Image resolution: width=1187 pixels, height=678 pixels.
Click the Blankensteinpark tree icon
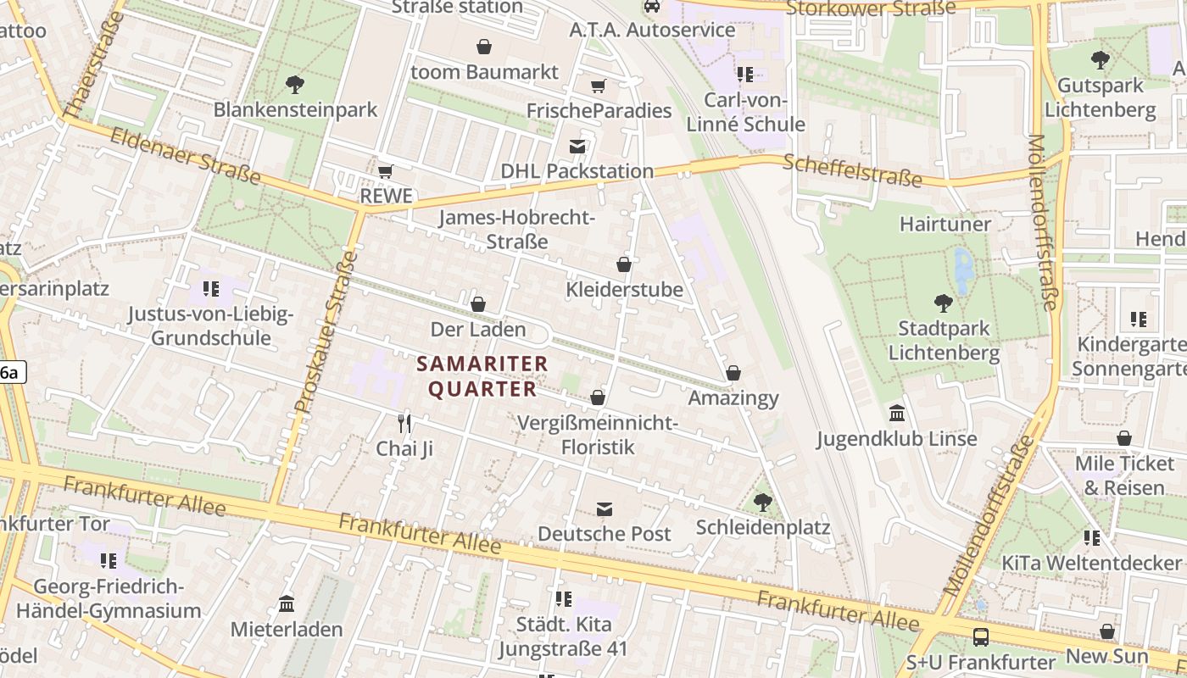click(295, 84)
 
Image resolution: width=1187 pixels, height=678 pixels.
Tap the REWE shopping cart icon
click(386, 171)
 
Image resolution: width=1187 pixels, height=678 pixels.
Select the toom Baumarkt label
click(484, 72)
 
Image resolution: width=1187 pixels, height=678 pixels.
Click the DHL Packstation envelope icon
click(577, 147)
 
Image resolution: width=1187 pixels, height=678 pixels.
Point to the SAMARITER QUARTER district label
click(482, 376)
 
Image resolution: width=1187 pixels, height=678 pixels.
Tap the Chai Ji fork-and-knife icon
click(404, 423)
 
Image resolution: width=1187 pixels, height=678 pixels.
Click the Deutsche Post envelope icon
click(605, 508)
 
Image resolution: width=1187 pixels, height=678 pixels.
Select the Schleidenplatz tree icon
click(763, 502)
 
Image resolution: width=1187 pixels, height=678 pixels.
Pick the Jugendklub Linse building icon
click(897, 414)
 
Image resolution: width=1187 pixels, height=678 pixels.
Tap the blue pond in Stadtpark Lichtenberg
click(963, 270)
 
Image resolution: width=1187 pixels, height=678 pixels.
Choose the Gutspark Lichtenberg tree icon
click(1101, 60)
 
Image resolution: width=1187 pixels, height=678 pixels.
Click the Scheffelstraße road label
click(853, 170)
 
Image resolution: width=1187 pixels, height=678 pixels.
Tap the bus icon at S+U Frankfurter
click(981, 636)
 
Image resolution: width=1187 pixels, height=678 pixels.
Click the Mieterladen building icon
click(287, 604)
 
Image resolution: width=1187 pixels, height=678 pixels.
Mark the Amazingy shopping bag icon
click(733, 373)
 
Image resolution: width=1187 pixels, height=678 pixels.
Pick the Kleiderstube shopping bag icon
click(624, 264)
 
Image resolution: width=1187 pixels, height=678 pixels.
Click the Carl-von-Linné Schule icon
click(744, 75)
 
